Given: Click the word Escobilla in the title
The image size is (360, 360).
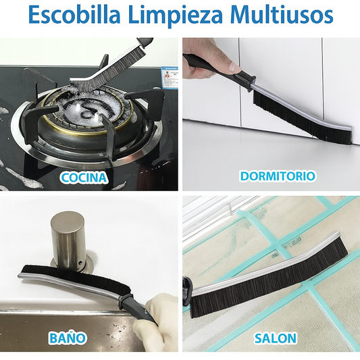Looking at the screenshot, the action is point(74,15).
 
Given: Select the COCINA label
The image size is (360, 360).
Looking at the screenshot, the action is point(84,177).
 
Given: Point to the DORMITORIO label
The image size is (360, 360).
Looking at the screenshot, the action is point(278,176).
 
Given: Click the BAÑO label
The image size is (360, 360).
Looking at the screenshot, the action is point(68,337).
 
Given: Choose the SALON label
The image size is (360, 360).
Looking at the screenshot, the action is point(275,338).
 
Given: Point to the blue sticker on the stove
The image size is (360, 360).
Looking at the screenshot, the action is point(170,77).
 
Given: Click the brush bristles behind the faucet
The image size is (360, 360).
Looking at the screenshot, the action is point(76,277).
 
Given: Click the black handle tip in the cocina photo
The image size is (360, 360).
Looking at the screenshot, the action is point(145,42).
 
